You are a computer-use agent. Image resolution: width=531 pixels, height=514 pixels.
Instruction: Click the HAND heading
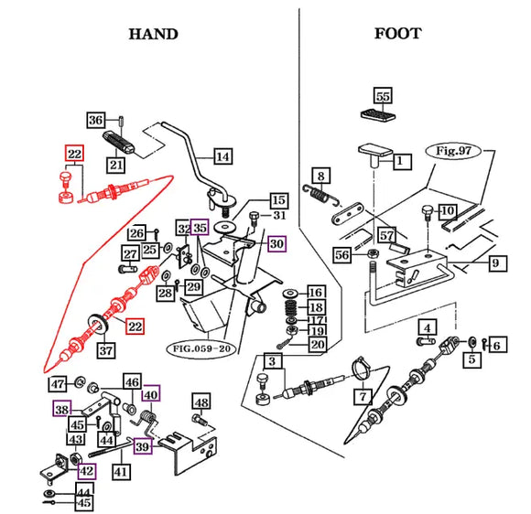tap(154, 34)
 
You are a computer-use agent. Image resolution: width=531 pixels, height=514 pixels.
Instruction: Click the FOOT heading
tap(398, 34)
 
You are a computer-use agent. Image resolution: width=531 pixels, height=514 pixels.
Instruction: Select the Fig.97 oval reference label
tap(453, 151)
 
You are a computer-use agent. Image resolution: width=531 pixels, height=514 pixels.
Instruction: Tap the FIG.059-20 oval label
tap(201, 348)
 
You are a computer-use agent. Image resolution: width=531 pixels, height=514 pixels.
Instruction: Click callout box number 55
tap(383, 96)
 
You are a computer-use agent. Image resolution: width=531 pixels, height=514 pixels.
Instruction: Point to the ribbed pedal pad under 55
tap(378, 114)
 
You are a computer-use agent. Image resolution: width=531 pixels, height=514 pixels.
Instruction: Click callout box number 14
tap(223, 156)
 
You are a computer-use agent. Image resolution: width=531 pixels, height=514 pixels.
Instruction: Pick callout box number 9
tap(497, 262)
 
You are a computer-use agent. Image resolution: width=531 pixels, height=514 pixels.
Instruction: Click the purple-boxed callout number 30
tap(277, 243)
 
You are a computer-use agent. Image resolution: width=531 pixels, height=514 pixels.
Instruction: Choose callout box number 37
tap(106, 350)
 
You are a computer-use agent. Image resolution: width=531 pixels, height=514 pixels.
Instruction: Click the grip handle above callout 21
tap(119, 142)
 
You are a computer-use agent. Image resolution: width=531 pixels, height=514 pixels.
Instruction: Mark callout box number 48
tap(201, 402)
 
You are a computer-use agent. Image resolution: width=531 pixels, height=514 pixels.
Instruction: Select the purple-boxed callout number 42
tap(87, 471)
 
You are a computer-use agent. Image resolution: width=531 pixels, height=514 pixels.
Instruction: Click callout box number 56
tap(341, 254)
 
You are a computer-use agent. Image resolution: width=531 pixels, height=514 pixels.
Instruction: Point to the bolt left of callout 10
tap(427, 213)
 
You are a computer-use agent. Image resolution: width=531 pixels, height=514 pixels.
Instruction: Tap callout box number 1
tap(403, 160)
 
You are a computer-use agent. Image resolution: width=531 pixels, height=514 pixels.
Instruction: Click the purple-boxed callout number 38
tap(62, 410)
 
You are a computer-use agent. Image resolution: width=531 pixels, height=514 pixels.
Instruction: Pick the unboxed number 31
tap(279, 215)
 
